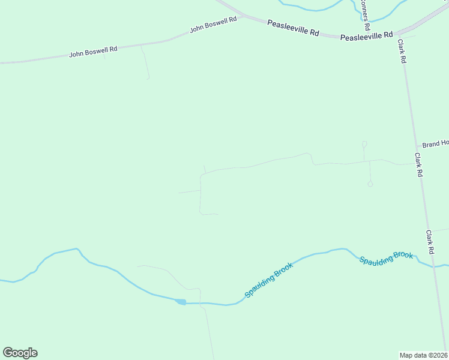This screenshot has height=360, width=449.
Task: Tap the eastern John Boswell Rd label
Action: tap(213, 23)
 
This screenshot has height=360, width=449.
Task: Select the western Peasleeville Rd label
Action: tap(293, 28)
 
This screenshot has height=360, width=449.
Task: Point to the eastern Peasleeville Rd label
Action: tap(366, 36)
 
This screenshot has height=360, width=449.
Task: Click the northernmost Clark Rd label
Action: tap(402, 52)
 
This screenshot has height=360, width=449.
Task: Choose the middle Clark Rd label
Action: tap(419, 164)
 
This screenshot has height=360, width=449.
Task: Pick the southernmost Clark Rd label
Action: tap(430, 241)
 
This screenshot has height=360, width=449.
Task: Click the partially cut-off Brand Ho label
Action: tap(435, 144)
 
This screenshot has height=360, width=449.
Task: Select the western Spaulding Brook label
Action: tap(268, 280)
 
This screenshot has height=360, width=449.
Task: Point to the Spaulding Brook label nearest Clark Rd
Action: tap(386, 258)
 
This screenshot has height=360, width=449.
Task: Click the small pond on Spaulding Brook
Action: tap(181, 302)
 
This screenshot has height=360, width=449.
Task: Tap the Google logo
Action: tap(20, 353)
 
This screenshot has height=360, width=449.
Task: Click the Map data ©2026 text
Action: tap(424, 355)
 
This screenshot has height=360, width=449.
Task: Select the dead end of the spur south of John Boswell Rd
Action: tap(148, 79)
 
